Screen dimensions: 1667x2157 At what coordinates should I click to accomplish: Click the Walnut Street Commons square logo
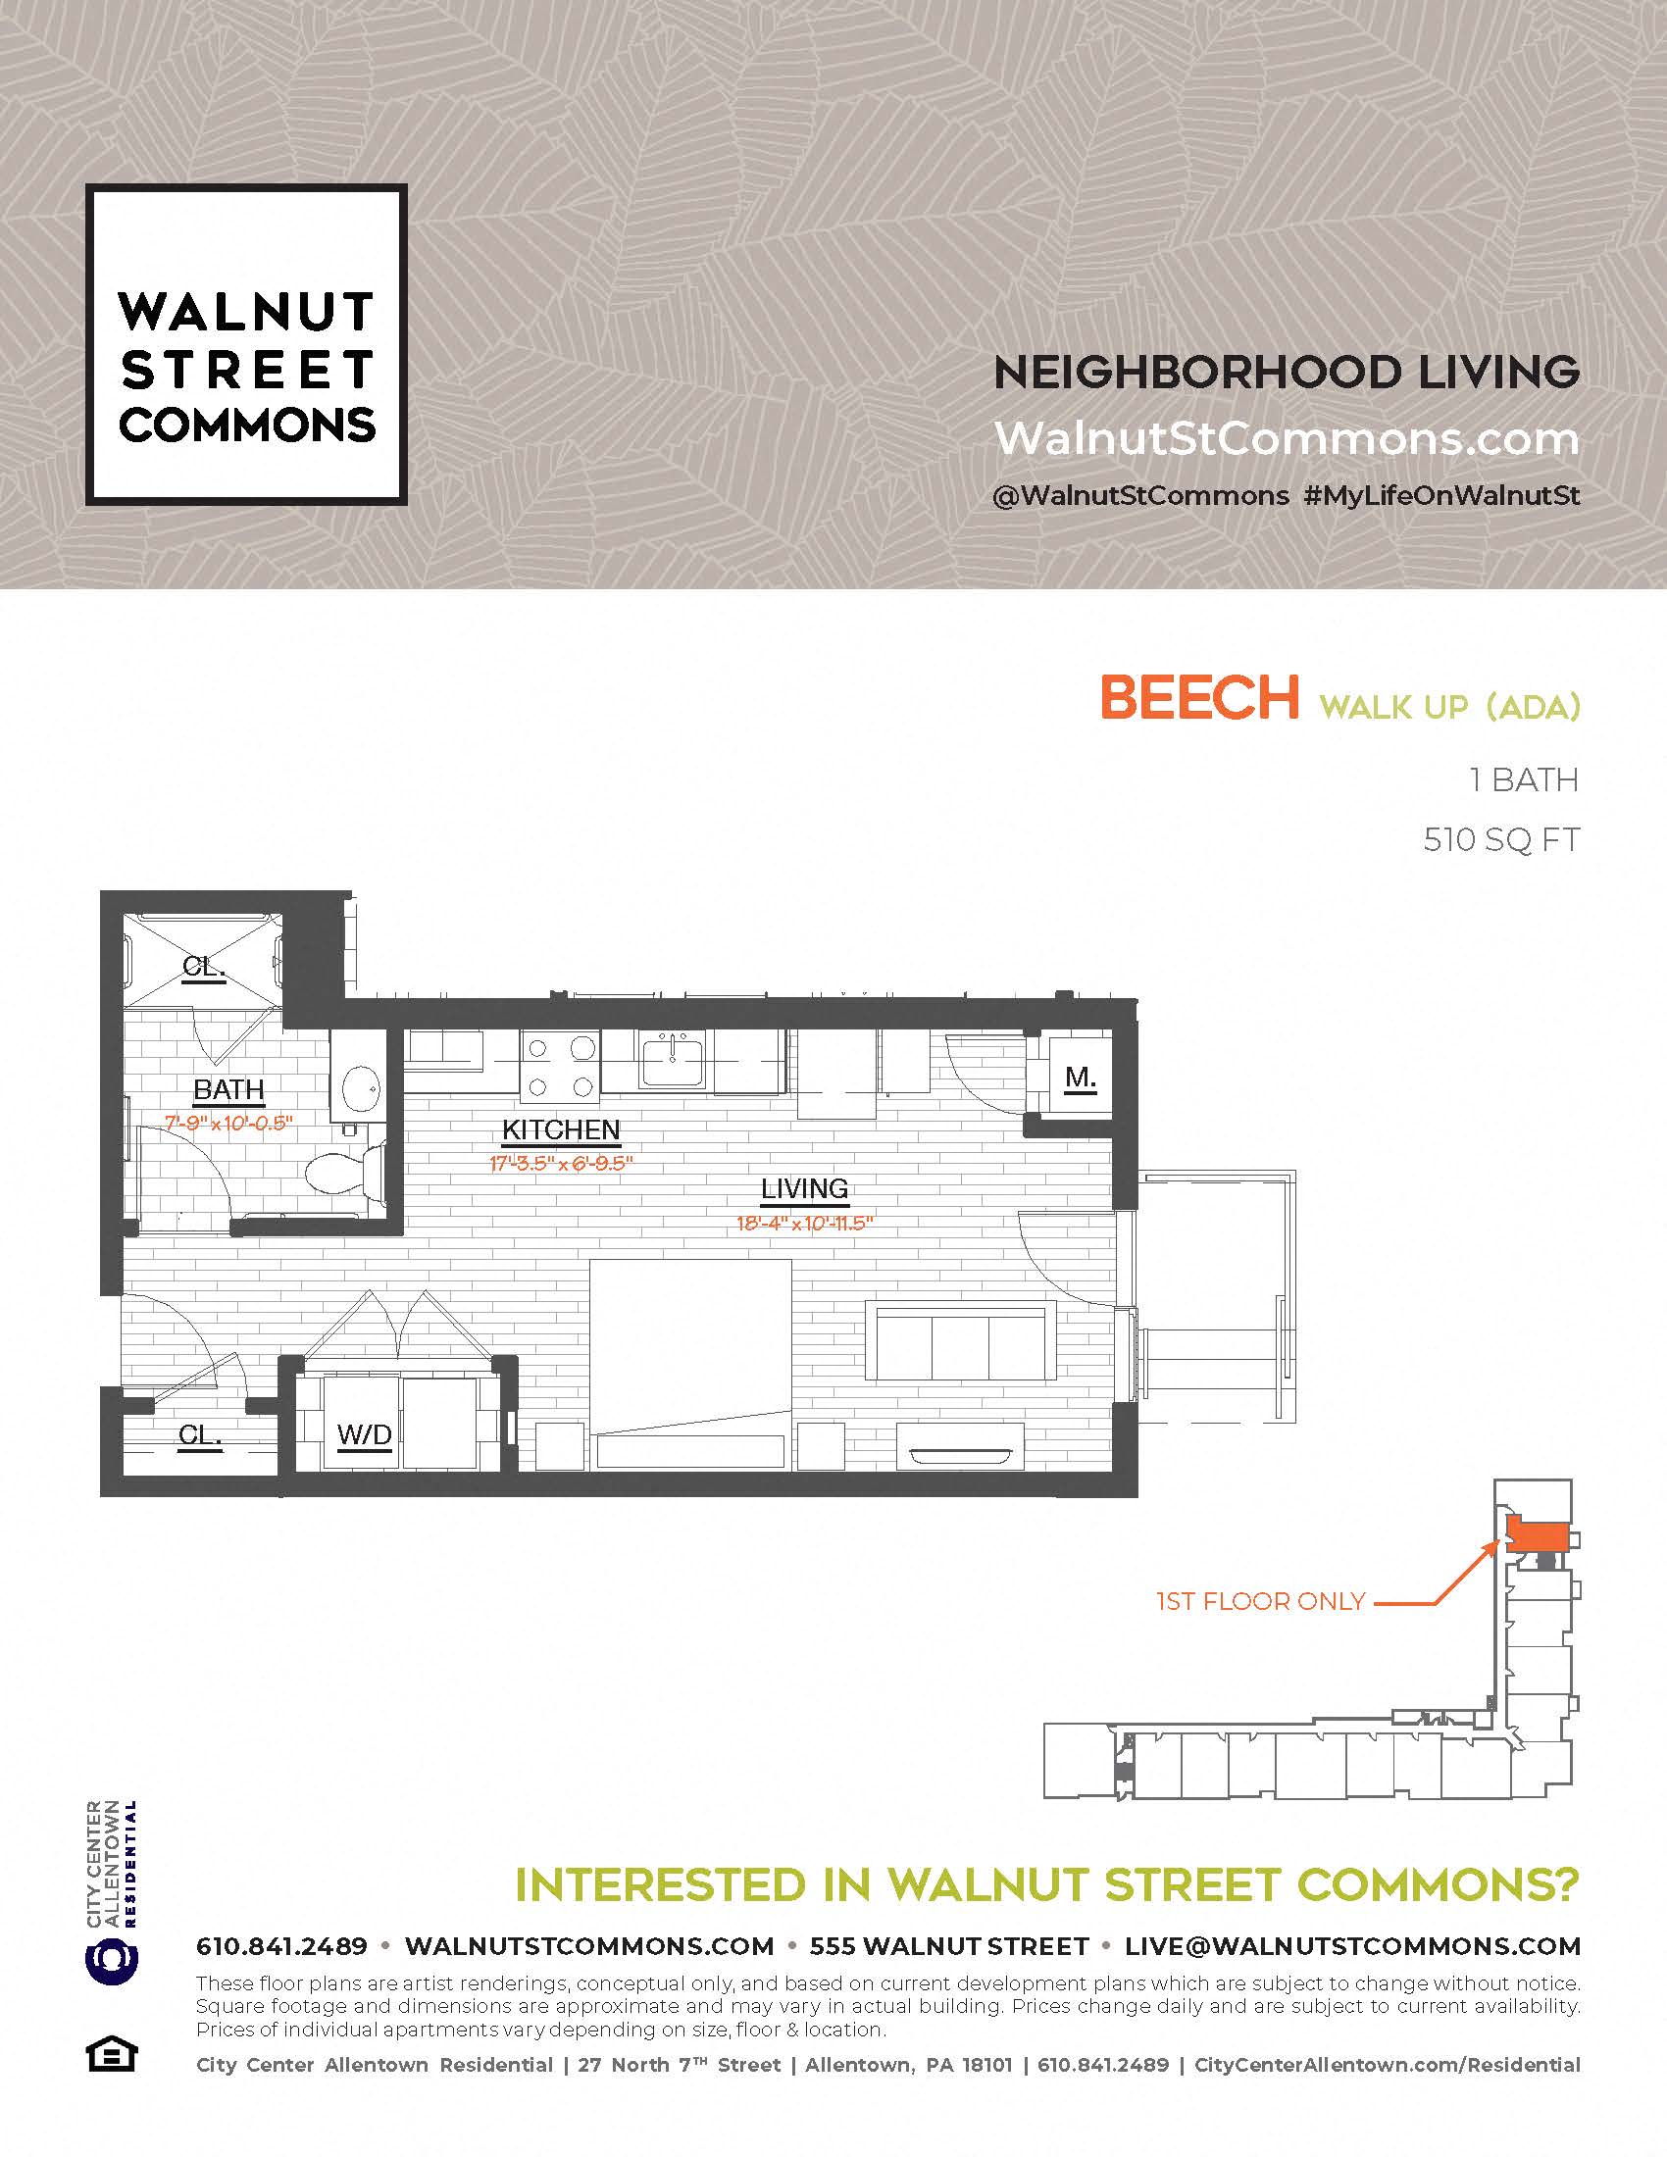tap(246, 345)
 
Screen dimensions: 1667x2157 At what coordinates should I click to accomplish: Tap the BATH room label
tap(228, 1089)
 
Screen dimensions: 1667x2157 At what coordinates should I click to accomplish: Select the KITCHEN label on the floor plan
tap(561, 1129)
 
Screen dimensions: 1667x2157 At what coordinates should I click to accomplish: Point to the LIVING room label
tap(804, 1189)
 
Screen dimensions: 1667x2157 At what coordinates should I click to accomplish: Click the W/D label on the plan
tap(365, 1434)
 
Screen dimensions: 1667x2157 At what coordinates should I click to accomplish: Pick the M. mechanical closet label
tap(1081, 1078)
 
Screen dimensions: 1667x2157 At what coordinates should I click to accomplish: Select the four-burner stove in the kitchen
tap(560, 1067)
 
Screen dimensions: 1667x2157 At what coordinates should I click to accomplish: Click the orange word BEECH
tap(1199, 698)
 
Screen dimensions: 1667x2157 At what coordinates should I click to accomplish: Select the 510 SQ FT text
tap(1501, 840)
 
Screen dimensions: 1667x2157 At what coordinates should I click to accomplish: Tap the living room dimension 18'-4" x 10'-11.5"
tap(805, 1224)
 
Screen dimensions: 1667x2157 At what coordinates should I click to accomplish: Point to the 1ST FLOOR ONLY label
tap(1260, 1601)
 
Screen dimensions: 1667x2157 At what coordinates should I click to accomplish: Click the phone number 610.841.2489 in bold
tap(281, 1946)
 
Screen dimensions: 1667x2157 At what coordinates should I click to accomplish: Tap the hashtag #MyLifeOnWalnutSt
tap(1440, 495)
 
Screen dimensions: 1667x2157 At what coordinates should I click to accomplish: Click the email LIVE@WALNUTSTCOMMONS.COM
tap(1353, 1946)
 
